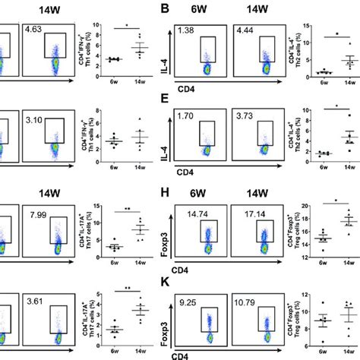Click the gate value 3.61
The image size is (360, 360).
tap(36, 303)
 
